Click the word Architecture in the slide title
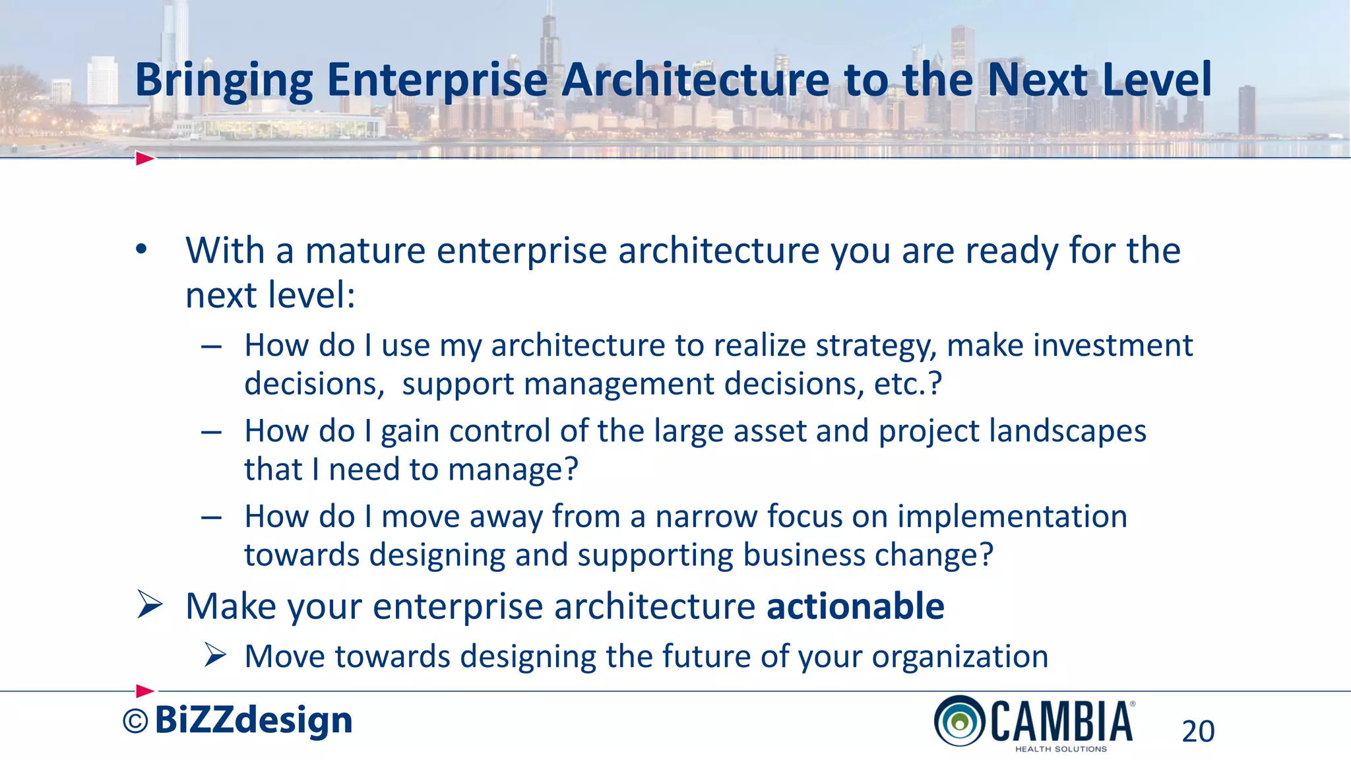pos(695,79)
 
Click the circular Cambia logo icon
pos(960,721)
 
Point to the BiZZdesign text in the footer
pos(253,720)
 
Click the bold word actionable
pos(855,606)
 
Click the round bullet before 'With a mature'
pos(141,250)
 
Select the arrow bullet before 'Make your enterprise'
pos(150,605)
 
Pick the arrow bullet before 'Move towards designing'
pos(215,655)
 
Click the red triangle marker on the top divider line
pos(144,158)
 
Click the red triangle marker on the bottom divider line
pos(144,691)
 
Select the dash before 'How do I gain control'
pos(211,432)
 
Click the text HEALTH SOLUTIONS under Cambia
pos(1061,749)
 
